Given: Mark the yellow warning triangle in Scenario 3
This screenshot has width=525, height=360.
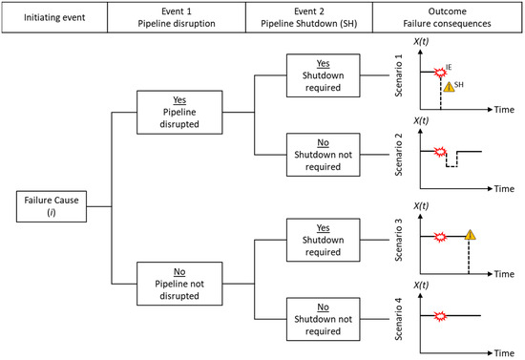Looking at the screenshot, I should [471, 235].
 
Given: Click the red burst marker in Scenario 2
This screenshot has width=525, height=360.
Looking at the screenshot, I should [440, 151].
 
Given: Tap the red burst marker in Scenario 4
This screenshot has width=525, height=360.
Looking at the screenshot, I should [440, 316].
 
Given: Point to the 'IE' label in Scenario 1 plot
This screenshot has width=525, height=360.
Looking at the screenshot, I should [450, 63].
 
